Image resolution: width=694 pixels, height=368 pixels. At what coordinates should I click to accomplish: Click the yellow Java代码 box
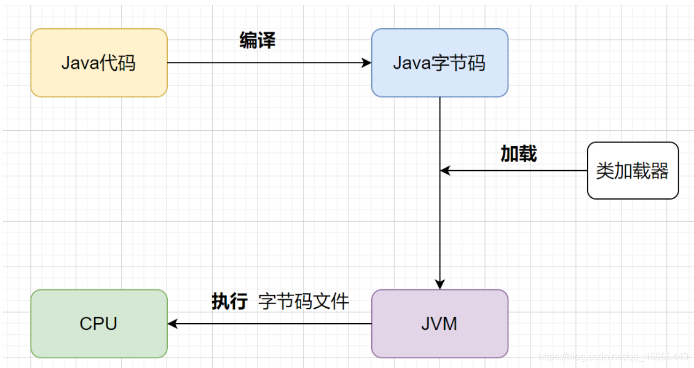click(x=98, y=63)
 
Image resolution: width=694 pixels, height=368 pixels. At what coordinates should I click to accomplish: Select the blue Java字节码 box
click(x=440, y=63)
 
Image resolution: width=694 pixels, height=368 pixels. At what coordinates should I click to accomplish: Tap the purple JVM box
click(x=440, y=324)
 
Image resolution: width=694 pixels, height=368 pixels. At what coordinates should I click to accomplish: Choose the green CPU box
click(x=98, y=324)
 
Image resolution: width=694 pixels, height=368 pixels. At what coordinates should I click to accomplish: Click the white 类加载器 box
click(x=633, y=171)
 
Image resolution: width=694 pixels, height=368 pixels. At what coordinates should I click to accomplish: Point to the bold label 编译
click(x=257, y=41)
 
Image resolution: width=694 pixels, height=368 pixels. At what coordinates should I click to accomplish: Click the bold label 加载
click(x=518, y=154)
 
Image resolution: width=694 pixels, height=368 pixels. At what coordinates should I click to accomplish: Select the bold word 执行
click(x=229, y=301)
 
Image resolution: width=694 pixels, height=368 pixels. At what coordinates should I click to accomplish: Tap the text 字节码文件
click(x=304, y=301)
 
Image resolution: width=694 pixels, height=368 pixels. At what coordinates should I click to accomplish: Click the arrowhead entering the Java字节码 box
click(x=367, y=63)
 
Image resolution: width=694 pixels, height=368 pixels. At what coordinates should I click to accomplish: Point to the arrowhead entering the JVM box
click(x=440, y=284)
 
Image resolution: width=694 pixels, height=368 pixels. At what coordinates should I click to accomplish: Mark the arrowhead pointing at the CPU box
click(x=173, y=324)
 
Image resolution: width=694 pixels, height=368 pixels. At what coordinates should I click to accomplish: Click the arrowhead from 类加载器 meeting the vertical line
click(x=445, y=171)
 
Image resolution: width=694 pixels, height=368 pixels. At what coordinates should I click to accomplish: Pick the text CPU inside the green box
click(x=98, y=324)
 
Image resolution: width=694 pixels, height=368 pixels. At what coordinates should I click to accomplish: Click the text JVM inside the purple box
click(x=440, y=324)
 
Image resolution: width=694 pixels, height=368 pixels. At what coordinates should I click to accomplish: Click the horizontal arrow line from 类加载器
click(x=516, y=171)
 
